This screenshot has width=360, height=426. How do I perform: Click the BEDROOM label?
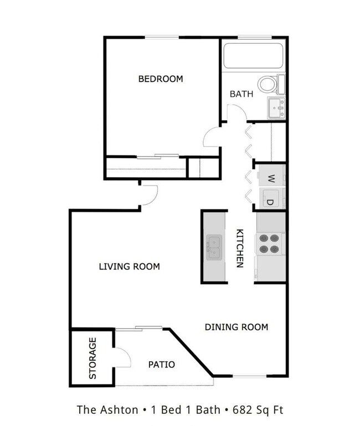coord(160,79)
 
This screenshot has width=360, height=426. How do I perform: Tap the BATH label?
coord(241,94)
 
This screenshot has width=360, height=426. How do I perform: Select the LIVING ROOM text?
coord(129,267)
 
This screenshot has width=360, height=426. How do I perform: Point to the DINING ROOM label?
coord(236,327)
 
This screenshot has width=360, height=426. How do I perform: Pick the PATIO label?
coord(162,365)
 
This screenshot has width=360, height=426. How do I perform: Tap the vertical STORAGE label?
coord(92,359)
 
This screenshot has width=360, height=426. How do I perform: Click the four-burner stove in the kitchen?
coord(270,244)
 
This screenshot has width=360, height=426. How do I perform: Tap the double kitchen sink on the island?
coord(214,247)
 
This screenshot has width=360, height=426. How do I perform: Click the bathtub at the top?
coord(253,55)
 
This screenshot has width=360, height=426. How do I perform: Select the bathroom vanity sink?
coord(275,107)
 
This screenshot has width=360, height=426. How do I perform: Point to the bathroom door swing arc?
coord(236,115)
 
